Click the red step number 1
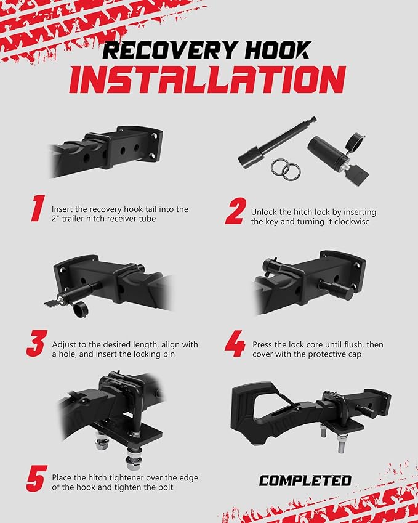[x=38, y=208]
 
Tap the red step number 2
[x=236, y=211]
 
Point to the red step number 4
[x=235, y=344]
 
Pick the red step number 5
[x=36, y=479]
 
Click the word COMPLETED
[x=305, y=480]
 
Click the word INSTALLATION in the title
[x=207, y=79]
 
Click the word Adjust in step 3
[x=63, y=344]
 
